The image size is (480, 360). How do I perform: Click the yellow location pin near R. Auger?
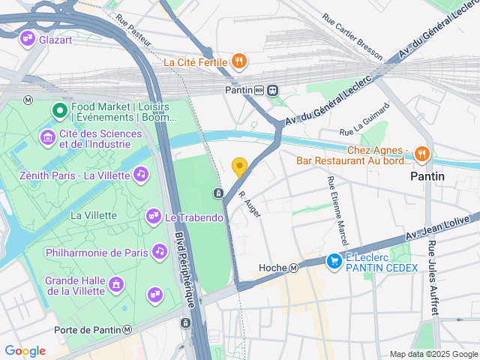pos(239,167)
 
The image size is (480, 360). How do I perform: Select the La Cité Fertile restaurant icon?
pos(239,61)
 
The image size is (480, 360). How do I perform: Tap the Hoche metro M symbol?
pos(295,268)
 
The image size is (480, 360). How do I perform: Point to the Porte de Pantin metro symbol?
pos(128,330)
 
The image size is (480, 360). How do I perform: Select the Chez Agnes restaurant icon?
pos(421,154)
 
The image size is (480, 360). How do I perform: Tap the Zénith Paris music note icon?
pos(140,174)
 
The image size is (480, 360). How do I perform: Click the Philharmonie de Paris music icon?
pos(159,252)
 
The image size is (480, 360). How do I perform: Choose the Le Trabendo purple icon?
pos(153,217)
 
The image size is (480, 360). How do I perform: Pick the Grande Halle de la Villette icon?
pos(115,284)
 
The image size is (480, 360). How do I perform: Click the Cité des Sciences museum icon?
pos(46,138)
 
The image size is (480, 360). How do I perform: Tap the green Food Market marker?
pos(59,112)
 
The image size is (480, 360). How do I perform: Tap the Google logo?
pos(25,350)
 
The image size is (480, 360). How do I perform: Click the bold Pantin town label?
pos(427,175)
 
